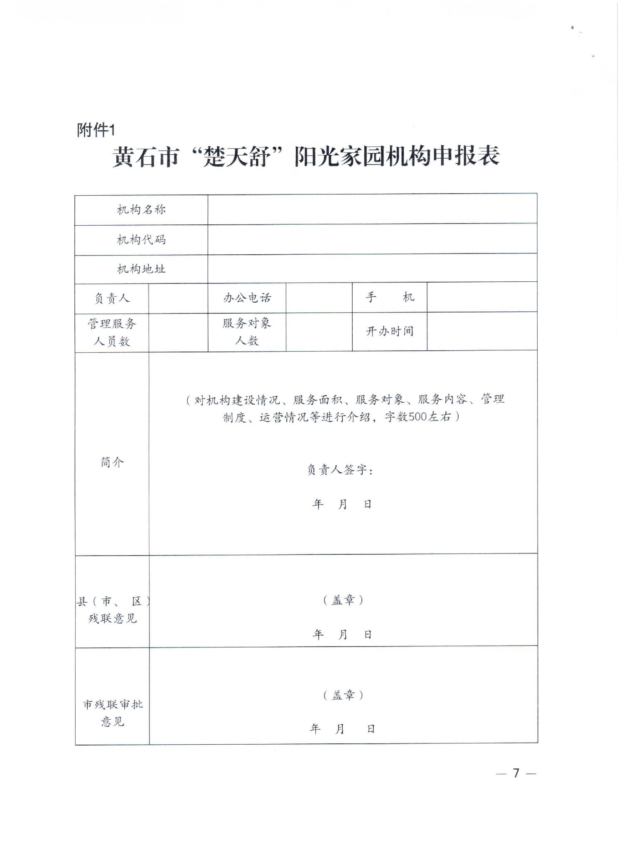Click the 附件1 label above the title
96,130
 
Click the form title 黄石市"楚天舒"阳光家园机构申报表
306,157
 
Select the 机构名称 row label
141,210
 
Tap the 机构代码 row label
141,240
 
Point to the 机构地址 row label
141,269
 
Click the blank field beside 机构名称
372,209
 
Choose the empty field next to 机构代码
372,239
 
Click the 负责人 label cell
112,298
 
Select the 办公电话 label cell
247,298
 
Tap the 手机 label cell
389,297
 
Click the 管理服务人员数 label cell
112,332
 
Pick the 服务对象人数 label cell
247,332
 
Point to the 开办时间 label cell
389,331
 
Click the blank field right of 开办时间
482,331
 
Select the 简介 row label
112,462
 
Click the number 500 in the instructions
418,417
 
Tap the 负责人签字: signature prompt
340,470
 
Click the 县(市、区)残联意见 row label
112,610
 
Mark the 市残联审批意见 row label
112,713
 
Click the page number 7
516,773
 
